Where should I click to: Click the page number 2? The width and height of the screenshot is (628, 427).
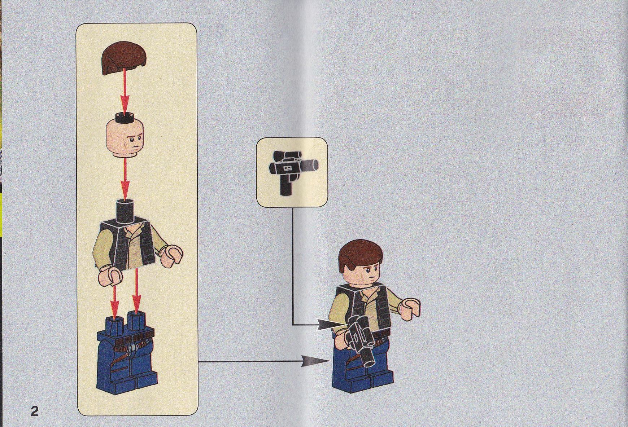click(35, 411)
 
